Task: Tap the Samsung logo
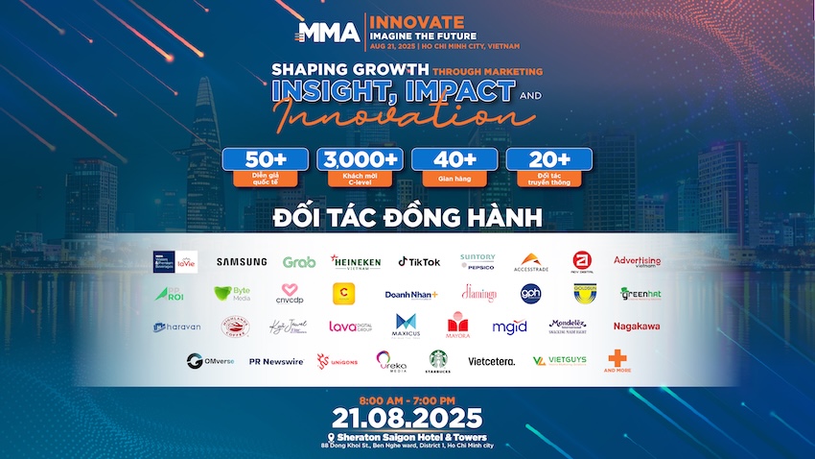[241, 261]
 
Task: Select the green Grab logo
[299, 262]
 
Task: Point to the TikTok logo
[419, 261]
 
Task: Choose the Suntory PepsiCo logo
[477, 261]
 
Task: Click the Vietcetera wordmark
[491, 361]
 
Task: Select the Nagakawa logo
[638, 326]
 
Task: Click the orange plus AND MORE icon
[616, 359]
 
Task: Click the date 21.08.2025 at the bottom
[407, 418]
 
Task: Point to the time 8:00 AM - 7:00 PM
[407, 399]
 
